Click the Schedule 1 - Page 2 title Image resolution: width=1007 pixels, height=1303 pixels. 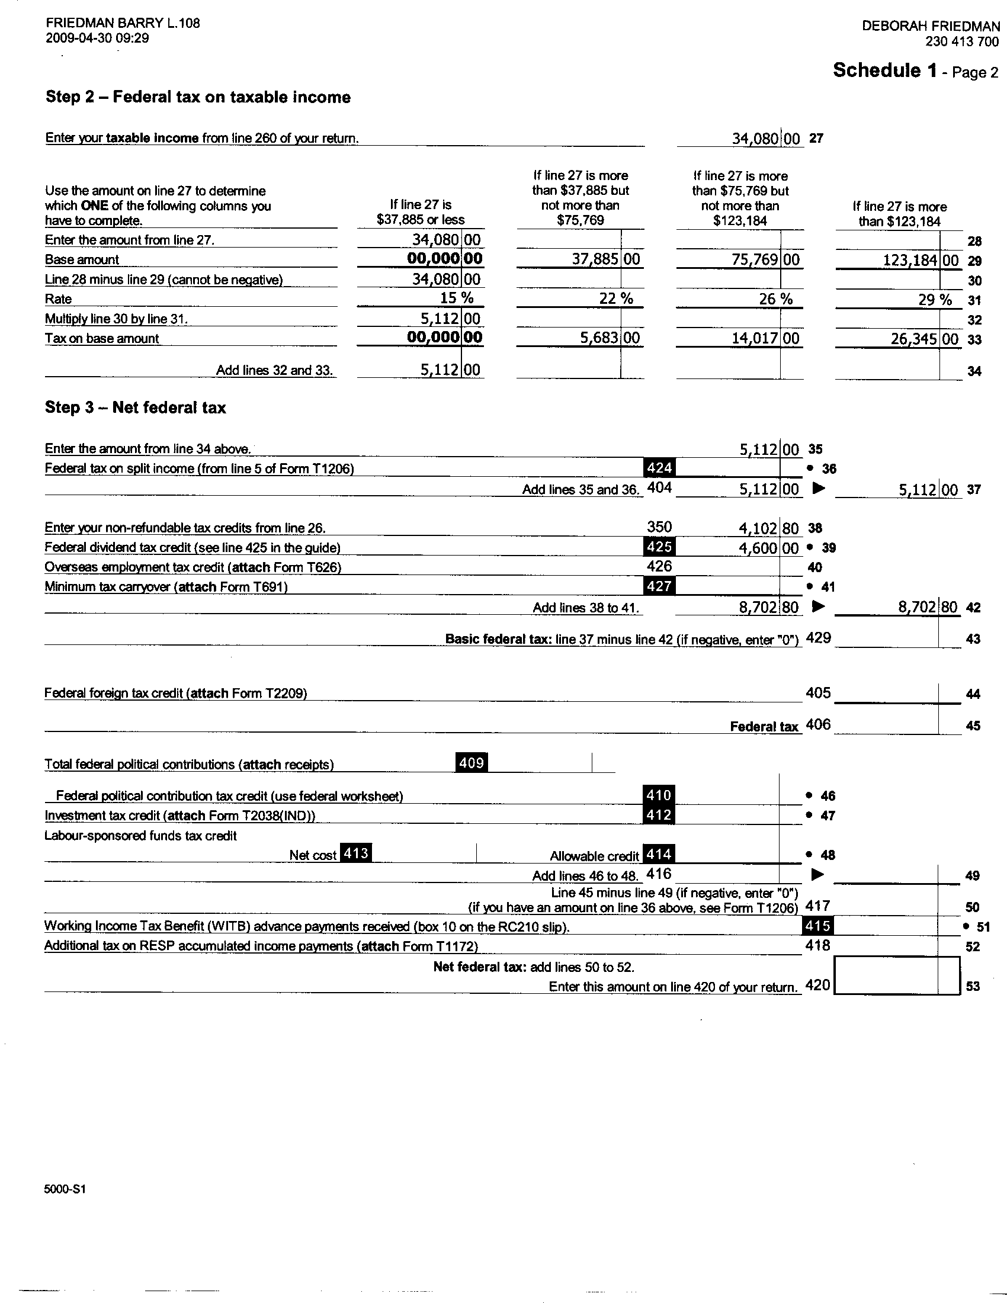coord(915,70)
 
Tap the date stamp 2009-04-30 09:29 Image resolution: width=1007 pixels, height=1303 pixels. coord(97,38)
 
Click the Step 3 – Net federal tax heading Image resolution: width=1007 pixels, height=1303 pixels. coord(136,407)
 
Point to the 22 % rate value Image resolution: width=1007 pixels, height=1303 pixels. coord(615,299)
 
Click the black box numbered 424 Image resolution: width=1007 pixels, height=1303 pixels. coord(659,468)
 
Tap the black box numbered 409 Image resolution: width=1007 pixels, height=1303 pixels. coord(472,762)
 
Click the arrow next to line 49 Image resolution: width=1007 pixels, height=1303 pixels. coord(819,875)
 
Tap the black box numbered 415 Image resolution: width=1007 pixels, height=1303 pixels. coord(817,926)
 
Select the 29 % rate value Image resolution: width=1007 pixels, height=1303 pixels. coord(935,300)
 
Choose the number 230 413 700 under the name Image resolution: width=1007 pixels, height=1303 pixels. coord(961,41)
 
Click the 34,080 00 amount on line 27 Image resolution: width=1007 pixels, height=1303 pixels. coord(765,139)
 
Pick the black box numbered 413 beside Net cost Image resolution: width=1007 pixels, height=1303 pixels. coord(355,853)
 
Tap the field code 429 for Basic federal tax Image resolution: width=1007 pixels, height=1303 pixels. coord(818,638)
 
